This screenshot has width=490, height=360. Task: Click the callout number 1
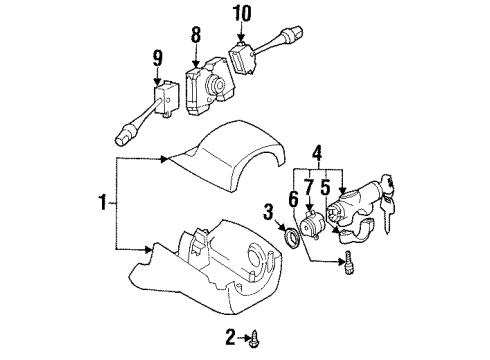pos(103,203)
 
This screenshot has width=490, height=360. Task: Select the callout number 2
pos(230,337)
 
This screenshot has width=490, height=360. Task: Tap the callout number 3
pos(269,213)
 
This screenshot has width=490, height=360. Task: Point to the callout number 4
pos(317,154)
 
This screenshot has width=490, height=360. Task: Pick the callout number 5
pos(326,187)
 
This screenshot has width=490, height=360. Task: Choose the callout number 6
pos(294,200)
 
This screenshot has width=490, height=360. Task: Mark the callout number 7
pos(309,187)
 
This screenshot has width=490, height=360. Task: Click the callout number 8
pos(196,35)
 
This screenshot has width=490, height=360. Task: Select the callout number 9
pos(158,59)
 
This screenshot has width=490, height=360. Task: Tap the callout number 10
pos(242,14)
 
